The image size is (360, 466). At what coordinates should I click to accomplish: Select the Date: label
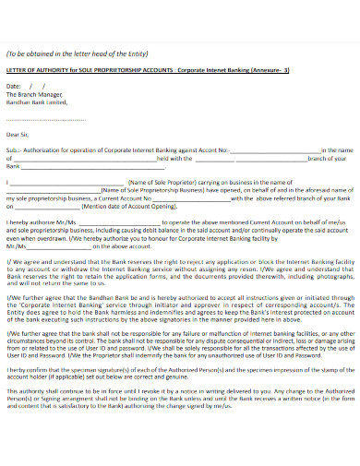click(14, 85)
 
